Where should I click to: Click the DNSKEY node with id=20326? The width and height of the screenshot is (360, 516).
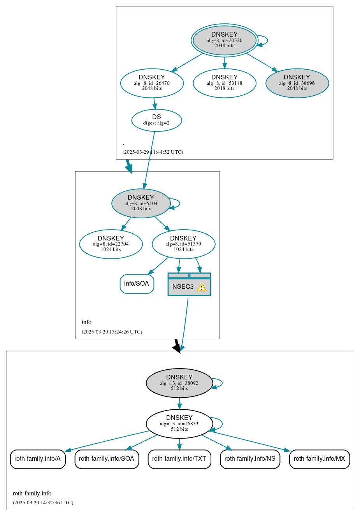pos(224,40)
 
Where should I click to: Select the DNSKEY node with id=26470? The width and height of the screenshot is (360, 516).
pos(152,83)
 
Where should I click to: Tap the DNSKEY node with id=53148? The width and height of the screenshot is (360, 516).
pos(224,83)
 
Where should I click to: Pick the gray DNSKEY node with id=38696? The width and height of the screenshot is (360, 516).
pos(297,83)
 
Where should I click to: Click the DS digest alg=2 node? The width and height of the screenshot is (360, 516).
pos(156,120)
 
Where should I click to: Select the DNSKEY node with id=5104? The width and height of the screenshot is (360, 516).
pos(141,203)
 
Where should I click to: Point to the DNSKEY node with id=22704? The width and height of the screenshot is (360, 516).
pos(111,244)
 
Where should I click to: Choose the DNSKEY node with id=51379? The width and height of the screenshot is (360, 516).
pos(183,244)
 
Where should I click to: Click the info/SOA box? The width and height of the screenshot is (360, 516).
pos(137,284)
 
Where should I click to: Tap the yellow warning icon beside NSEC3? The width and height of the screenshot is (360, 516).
pos(202,287)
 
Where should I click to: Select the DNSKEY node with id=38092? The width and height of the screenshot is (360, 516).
pos(179,383)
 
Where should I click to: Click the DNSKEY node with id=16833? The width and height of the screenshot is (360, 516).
pos(179,423)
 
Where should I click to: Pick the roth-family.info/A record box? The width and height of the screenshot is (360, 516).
pos(38,459)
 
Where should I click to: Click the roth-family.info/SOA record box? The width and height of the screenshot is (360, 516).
pos(107,459)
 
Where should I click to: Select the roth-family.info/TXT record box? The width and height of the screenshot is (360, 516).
pos(179,459)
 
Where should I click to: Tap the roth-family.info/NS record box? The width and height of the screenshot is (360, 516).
pos(250,459)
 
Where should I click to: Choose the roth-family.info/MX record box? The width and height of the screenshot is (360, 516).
pos(319,459)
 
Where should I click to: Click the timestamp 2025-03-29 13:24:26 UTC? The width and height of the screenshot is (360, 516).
pos(112,332)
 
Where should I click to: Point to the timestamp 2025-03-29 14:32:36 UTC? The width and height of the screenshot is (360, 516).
pos(43,503)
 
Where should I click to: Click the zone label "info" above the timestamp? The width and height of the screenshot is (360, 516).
pos(86,322)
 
